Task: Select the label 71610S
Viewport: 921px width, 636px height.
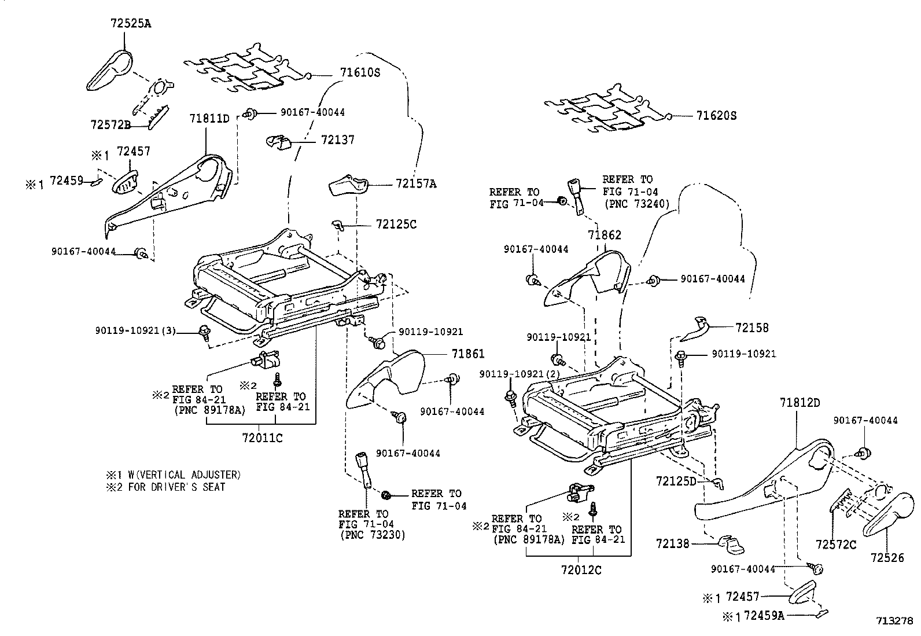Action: [360, 73]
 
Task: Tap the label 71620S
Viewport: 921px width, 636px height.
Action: [716, 116]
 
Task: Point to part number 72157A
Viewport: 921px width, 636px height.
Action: [416, 184]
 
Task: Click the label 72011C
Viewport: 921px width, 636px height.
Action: [262, 438]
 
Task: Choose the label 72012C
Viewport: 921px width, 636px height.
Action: [580, 570]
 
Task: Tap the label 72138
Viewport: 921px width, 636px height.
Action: [673, 543]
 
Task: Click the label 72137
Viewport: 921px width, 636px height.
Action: [338, 140]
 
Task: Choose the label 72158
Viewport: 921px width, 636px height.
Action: [752, 328]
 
